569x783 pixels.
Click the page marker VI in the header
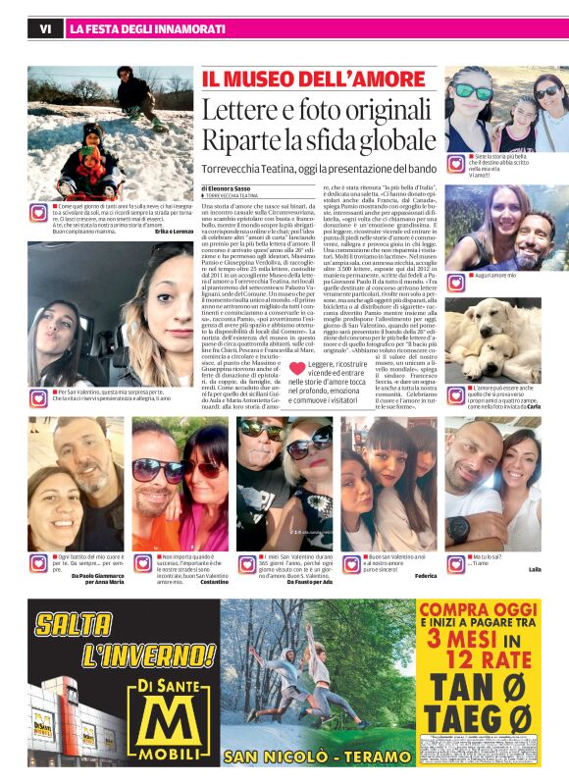click(x=44, y=29)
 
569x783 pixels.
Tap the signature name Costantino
click(x=213, y=583)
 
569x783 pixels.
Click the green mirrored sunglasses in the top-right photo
click(x=474, y=91)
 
